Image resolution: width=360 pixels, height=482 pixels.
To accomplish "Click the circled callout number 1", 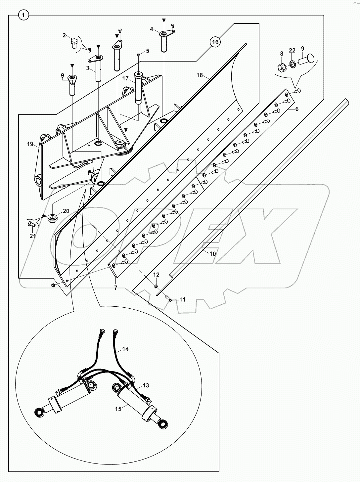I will coord(23,15).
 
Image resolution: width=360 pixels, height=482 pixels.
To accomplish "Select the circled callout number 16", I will coord(215,42).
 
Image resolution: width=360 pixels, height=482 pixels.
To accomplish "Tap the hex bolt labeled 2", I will coord(74,43).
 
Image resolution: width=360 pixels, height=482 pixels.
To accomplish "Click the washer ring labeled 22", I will coord(292,64).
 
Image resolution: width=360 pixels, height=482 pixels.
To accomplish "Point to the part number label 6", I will coord(297,109).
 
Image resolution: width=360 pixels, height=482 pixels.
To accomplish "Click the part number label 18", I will coord(200,75).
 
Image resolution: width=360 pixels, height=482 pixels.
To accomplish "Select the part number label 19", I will coord(30,144).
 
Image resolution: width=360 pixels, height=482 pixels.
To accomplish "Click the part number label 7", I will coord(116,288).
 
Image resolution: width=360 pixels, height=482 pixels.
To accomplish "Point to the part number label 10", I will coord(213,253).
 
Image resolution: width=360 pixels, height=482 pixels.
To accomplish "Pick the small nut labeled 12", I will coord(156,285).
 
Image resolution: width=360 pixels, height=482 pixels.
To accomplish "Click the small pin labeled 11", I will coord(169,300).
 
